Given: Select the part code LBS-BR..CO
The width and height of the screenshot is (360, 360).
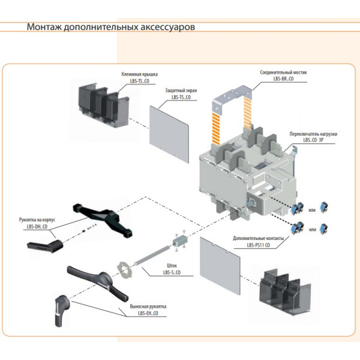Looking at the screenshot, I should point(283,78).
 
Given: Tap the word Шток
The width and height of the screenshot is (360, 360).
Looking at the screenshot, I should point(169,266).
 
